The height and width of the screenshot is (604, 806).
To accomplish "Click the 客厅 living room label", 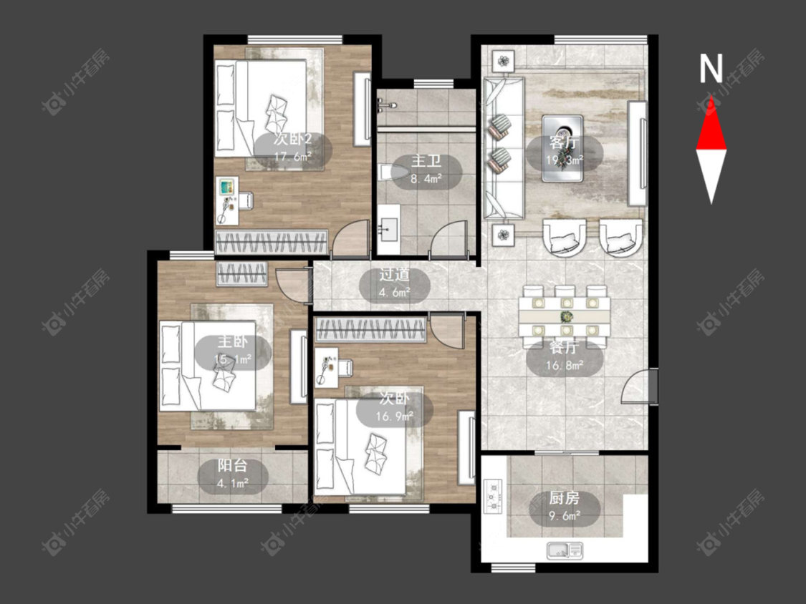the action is (564, 142).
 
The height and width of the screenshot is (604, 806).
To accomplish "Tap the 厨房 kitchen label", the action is (565, 497).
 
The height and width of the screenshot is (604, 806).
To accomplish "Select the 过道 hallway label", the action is (394, 275).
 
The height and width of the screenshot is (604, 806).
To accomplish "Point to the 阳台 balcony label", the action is (232, 465).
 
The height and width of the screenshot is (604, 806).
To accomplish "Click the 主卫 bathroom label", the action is (426, 161).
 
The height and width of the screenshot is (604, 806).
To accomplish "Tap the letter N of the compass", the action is (711, 69).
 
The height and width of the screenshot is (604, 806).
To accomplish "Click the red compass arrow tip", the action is (711, 97).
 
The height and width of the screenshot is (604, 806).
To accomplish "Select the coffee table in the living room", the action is (562, 148).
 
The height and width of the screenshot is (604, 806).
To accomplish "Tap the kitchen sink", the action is (565, 550).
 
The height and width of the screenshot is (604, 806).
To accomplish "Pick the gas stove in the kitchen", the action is (494, 496).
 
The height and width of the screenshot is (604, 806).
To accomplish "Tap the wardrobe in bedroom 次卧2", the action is (272, 241).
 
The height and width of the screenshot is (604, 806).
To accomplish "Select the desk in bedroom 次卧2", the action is (226, 201).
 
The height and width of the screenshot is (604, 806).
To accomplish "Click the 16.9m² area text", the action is (394, 416).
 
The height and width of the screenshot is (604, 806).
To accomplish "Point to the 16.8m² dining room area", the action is (565, 366).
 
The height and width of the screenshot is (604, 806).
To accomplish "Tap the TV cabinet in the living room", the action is (638, 153).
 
